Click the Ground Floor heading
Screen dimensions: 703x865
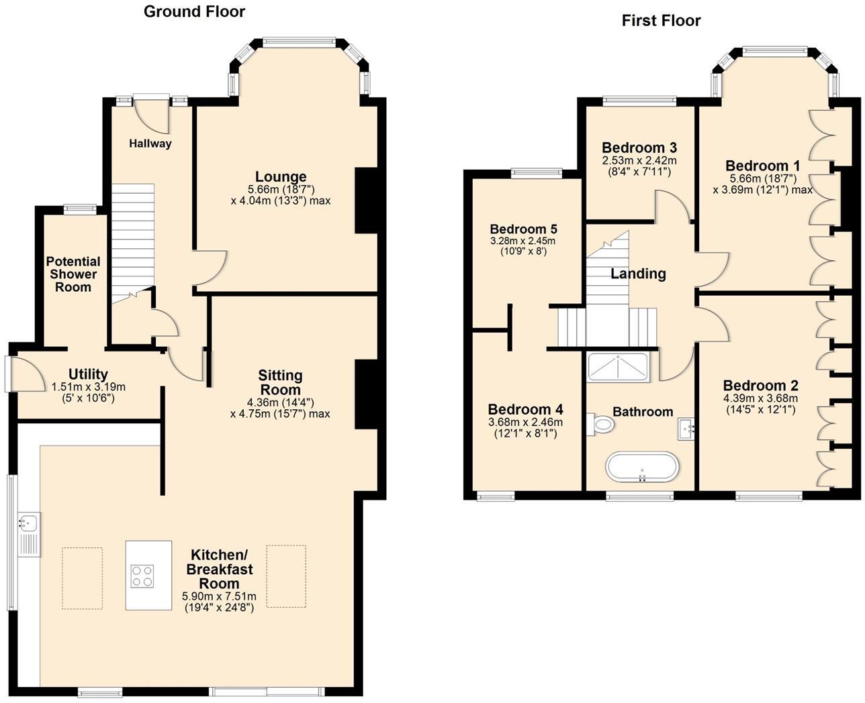194,11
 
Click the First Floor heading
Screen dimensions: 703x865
661,21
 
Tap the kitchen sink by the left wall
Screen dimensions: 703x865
30,521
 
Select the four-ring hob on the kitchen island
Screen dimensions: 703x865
142,576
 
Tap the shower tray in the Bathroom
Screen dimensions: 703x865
618,367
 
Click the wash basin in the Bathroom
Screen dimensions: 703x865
686,427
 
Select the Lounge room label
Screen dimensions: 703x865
280,177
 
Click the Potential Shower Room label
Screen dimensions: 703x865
73,274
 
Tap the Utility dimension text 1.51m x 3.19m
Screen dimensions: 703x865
88,387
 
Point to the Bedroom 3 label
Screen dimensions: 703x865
639,148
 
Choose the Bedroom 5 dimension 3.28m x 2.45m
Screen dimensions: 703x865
523,241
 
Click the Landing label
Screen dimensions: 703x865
638,274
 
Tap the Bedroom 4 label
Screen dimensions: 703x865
525,409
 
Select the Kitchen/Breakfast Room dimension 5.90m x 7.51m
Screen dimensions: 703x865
219,596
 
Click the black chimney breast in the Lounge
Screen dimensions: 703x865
366,200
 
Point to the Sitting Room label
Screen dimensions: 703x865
280,382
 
